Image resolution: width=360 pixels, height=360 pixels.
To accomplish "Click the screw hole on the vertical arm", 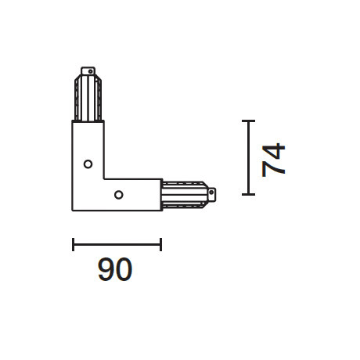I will pyautogui.click(x=88, y=164).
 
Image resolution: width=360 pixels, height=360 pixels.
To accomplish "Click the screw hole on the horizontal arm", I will pyautogui.click(x=118, y=194).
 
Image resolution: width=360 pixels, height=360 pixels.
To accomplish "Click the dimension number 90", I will pyautogui.click(x=115, y=271).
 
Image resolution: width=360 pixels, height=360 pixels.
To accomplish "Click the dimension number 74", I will pyautogui.click(x=275, y=160).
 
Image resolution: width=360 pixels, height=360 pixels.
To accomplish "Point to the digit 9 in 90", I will pyautogui.click(x=106, y=271).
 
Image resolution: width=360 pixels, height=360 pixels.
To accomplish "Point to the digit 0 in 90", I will pyautogui.click(x=124, y=271).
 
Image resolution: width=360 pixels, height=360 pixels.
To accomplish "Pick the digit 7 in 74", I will pyautogui.click(x=275, y=169).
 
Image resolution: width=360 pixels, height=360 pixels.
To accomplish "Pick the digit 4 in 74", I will pyautogui.click(x=275, y=150).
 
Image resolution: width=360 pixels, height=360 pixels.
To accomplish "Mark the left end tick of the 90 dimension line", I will pyautogui.click(x=73, y=245).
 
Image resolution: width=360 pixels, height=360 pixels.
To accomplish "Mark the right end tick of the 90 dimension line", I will pyautogui.click(x=160, y=245).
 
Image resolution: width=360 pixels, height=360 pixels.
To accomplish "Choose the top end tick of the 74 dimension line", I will pyautogui.click(x=248, y=121).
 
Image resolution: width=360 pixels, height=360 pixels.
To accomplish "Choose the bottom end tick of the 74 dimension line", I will pyautogui.click(x=248, y=193).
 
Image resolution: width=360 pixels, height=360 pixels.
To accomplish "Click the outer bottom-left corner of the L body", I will pyautogui.click(x=73, y=210).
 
